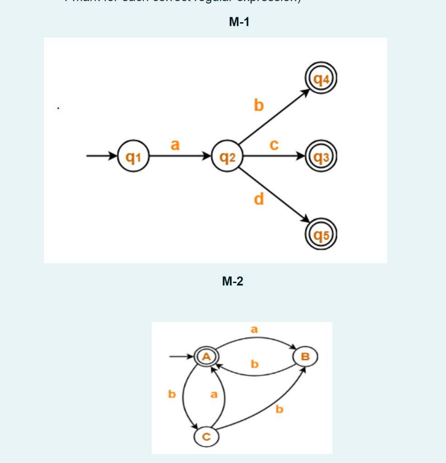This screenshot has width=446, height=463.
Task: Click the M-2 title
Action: click(232, 282)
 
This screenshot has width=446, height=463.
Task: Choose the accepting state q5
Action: click(321, 234)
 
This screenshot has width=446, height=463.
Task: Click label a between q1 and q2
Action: click(175, 145)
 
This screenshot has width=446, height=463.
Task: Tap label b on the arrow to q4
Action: click(258, 105)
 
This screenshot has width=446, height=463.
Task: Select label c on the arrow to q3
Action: click(273, 145)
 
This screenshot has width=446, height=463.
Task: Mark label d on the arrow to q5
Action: click(258, 199)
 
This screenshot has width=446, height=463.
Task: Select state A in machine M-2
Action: click(206, 356)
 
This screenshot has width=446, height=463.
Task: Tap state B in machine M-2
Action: click(305, 356)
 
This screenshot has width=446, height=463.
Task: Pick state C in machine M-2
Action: click(206, 436)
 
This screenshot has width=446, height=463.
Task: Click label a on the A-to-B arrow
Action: click(254, 330)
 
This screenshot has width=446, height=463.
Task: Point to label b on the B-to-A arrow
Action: click(255, 364)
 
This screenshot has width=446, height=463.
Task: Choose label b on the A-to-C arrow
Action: click(171, 394)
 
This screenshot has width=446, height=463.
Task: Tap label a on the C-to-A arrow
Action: click(214, 394)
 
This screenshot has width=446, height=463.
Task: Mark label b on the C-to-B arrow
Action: click(279, 410)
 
